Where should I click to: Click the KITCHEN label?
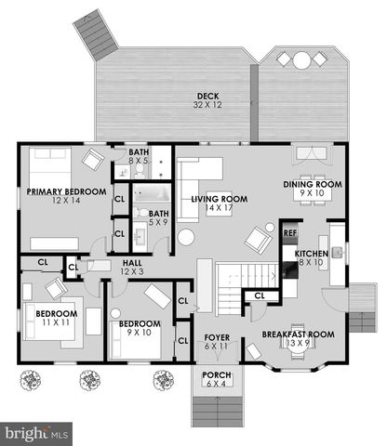tap(311, 256)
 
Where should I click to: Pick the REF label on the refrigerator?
tap(289, 232)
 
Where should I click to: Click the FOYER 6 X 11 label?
tap(216, 342)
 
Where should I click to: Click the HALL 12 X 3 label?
tap(132, 268)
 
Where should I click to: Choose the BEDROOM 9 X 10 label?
tap(139, 328)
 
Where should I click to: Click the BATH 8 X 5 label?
tap(139, 156)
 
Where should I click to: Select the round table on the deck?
tap(303, 59)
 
